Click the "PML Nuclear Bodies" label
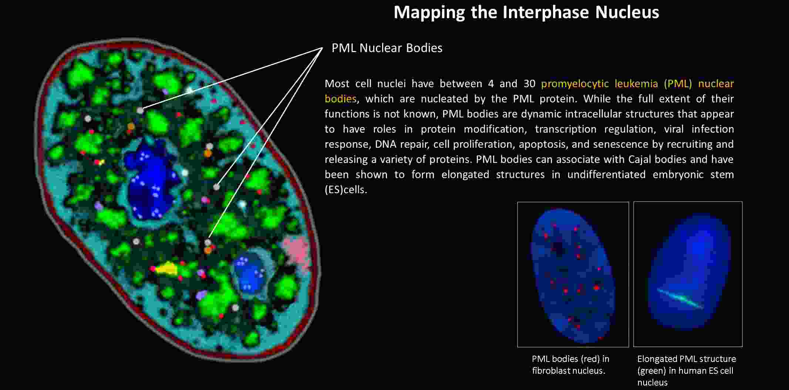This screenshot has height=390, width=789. coord(387,48)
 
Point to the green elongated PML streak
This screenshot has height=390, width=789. coord(680,299)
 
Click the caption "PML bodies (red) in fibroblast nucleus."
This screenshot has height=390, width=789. coord(570,365)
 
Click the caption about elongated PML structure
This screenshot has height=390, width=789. coord(686,370)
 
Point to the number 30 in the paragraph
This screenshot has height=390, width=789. coord(529,83)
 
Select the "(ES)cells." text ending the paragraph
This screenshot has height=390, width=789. coord(346,190)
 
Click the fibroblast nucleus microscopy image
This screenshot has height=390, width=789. coord(573,274)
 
